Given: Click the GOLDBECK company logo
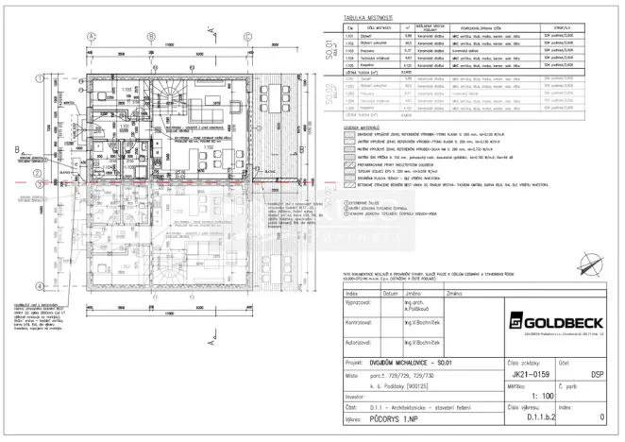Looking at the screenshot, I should (546, 317).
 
